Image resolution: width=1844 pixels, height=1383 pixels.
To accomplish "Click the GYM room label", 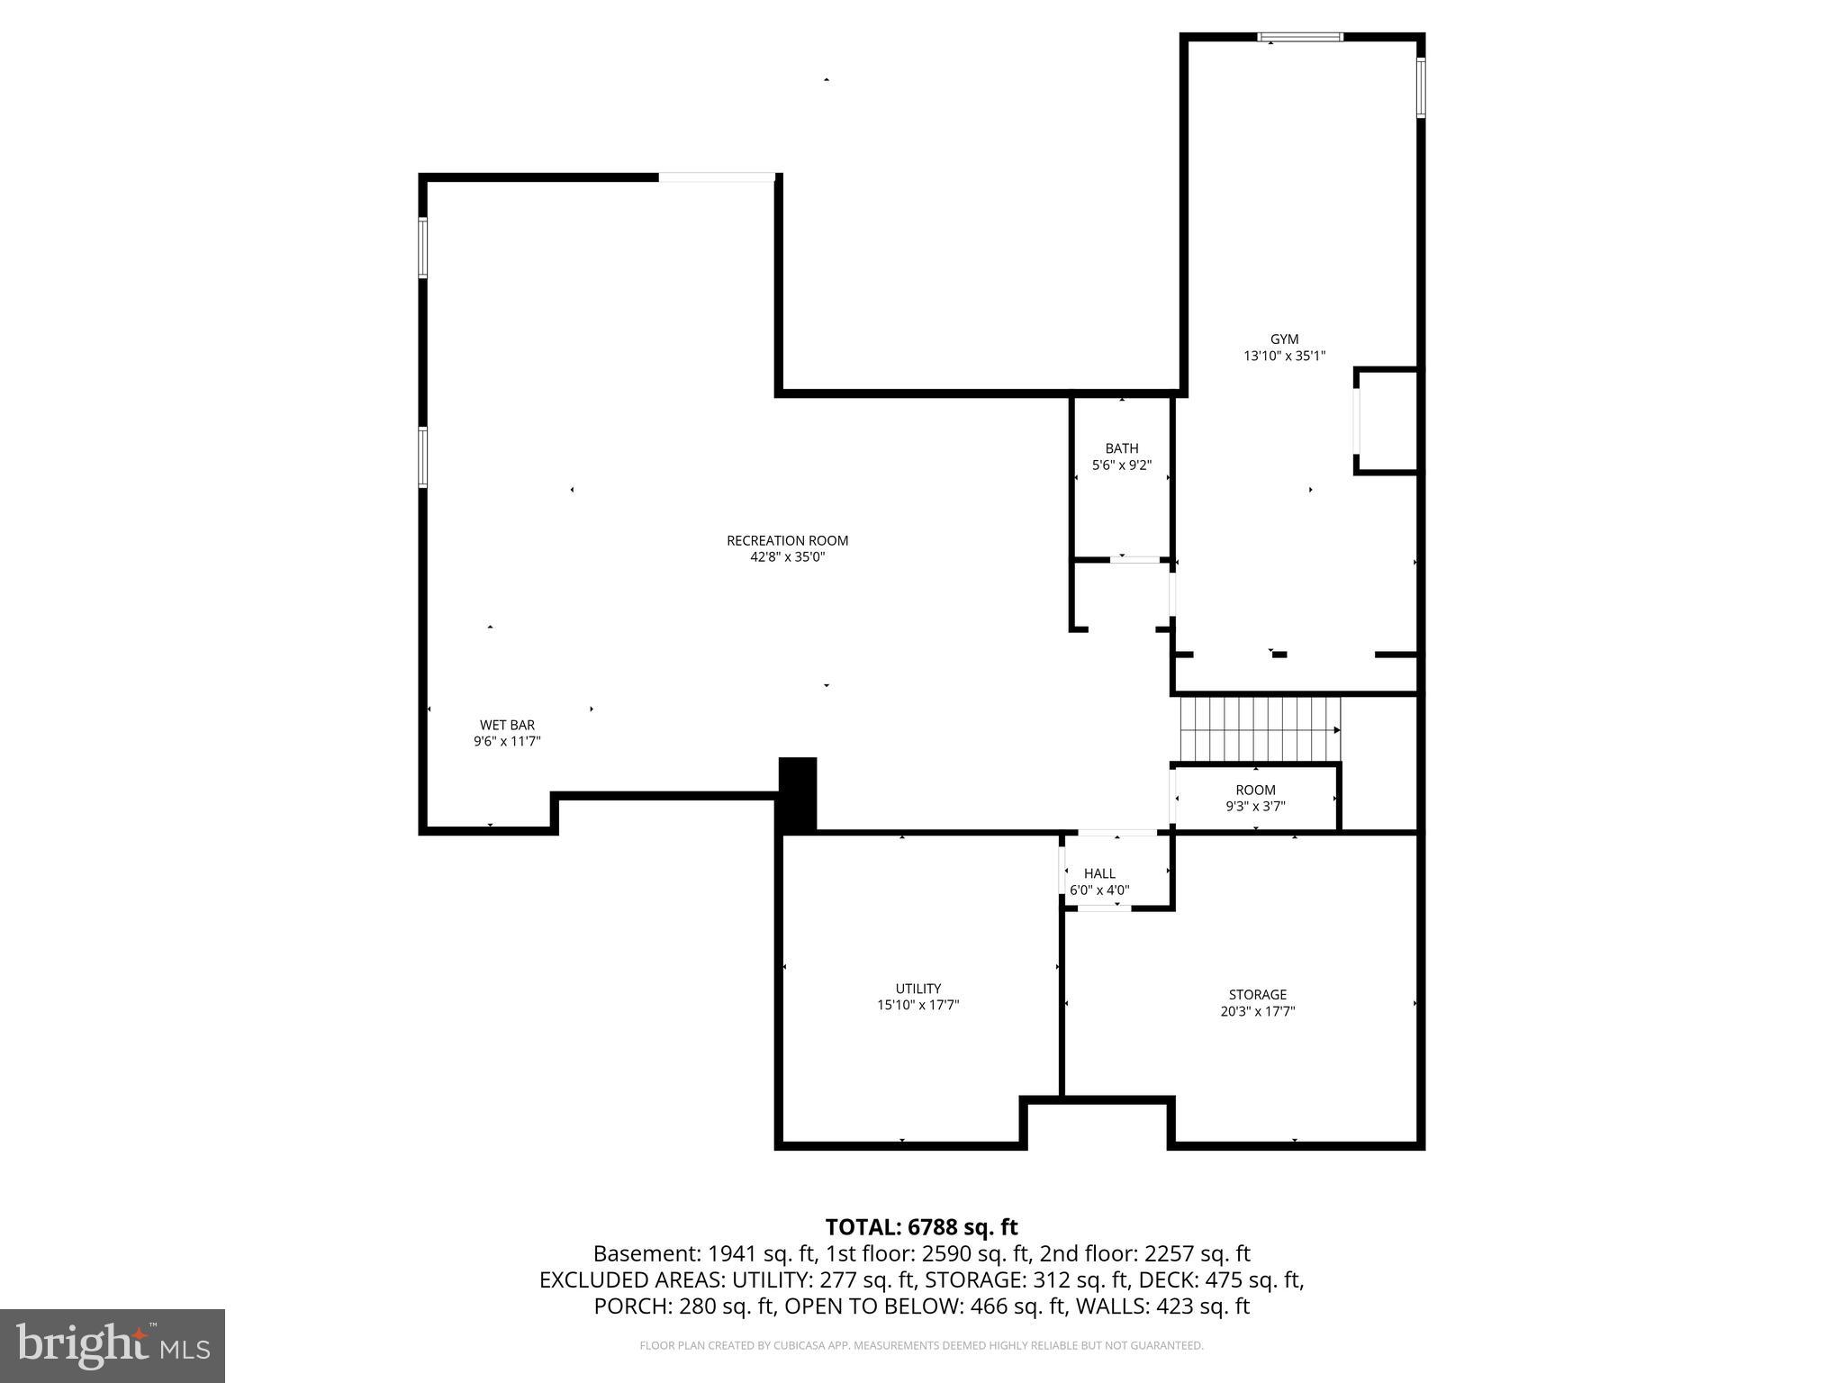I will (x=1284, y=339).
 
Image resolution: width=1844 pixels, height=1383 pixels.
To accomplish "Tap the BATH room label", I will (x=1121, y=448).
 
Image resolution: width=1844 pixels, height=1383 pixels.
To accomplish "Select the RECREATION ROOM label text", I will (x=787, y=540).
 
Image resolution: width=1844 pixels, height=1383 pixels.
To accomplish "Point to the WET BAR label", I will (x=507, y=725).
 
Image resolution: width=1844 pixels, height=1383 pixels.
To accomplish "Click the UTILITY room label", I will (x=917, y=989).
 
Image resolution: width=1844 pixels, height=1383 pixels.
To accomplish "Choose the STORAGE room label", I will (x=1257, y=995).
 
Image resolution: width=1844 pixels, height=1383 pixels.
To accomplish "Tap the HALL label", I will (x=1099, y=873).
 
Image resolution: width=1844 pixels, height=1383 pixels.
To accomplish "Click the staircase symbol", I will (x=1260, y=728).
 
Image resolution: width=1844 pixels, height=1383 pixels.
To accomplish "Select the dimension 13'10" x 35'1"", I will (x=1284, y=357).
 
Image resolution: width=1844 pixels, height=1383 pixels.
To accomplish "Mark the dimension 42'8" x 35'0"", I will (x=787, y=557).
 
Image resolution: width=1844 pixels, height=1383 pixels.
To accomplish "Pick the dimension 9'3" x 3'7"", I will (x=1255, y=807).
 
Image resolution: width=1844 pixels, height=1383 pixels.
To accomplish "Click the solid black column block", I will (x=797, y=793).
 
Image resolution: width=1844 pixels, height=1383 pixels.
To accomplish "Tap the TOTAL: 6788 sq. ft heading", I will (x=921, y=1227).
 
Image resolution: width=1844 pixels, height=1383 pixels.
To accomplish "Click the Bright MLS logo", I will (x=113, y=1346).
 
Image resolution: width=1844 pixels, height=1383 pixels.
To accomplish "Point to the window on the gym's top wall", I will (x=1300, y=38).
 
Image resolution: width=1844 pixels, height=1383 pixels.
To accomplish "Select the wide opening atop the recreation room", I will (x=717, y=177).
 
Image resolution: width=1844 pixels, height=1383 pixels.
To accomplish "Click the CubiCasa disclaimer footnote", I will (x=921, y=1346).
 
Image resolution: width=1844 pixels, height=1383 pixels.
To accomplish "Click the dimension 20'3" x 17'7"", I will (x=1257, y=1011).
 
